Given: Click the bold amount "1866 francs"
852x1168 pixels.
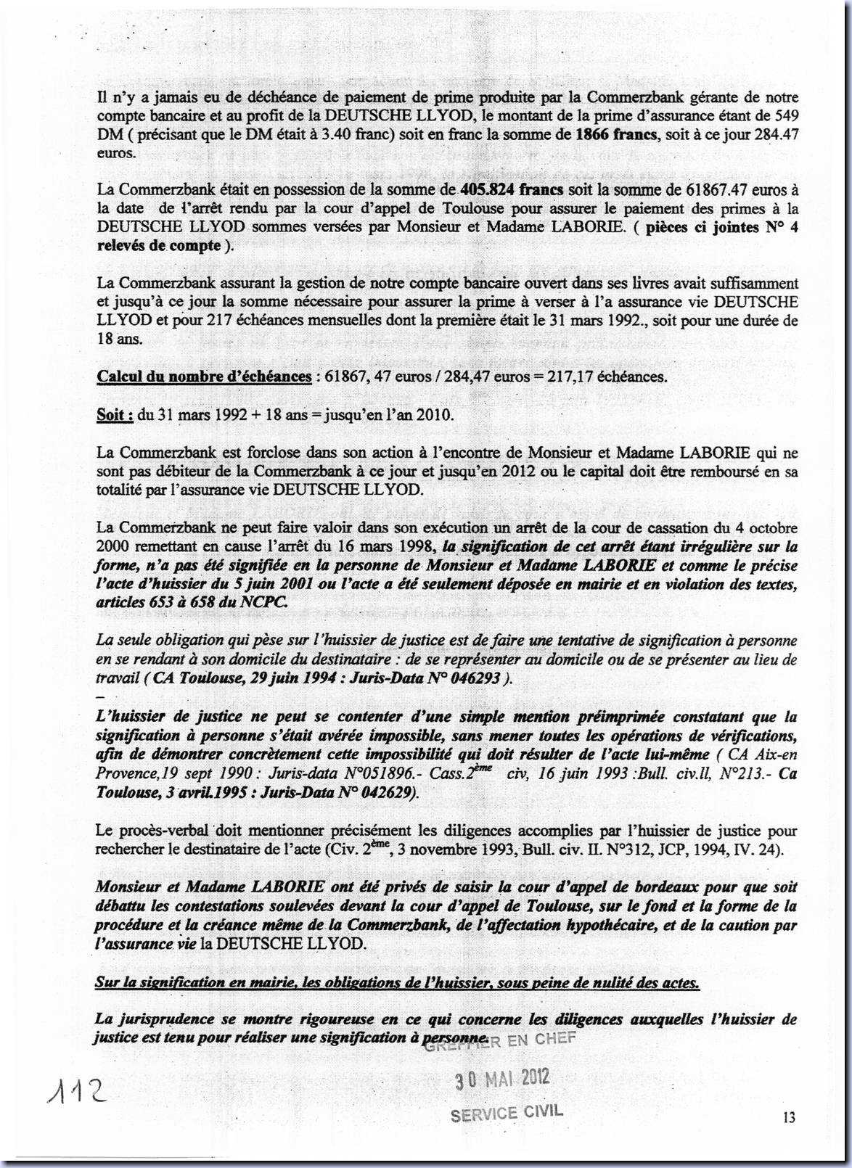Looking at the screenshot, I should pos(617,134).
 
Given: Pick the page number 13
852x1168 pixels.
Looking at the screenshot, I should pos(788,1117).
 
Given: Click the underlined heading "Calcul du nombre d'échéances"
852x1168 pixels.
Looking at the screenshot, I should pos(204,377).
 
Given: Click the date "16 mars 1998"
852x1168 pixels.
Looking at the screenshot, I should pos(389,547).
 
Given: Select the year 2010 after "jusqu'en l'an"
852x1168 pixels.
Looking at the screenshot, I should pos(433,415).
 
